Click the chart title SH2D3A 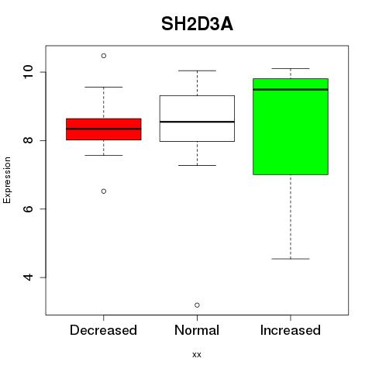click(x=197, y=24)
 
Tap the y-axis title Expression click(x=7, y=180)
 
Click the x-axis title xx click(x=197, y=355)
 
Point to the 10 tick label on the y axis click(x=28, y=71)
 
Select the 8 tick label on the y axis click(x=28, y=140)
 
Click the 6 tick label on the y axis click(x=28, y=208)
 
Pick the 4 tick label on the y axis click(x=28, y=277)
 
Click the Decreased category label click(x=103, y=330)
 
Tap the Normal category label click(x=197, y=330)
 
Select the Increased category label click(x=291, y=330)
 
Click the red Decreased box click(x=104, y=129)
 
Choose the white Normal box click(x=197, y=119)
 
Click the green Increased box click(x=291, y=126)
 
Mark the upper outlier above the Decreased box click(x=104, y=56)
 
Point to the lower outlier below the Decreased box click(x=104, y=191)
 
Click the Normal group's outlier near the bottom click(x=197, y=305)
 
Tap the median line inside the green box click(x=291, y=90)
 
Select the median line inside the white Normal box click(x=197, y=122)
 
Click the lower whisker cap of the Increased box click(x=291, y=259)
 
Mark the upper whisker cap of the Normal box click(x=197, y=71)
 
